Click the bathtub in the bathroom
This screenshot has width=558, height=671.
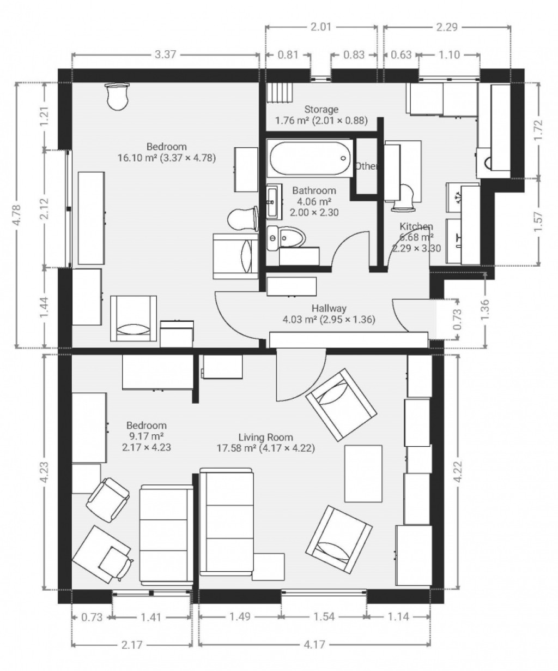coord(310,158)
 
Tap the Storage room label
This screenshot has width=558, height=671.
coord(321,109)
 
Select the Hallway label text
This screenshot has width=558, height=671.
coord(329,308)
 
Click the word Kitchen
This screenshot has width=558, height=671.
coord(416,226)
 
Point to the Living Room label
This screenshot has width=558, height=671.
coord(265,437)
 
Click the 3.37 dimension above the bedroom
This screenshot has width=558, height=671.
coord(165,55)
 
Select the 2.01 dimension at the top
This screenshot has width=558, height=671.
coord(321,27)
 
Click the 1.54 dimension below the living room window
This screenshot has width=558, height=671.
coord(323,616)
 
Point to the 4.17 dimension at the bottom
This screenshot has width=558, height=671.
coord(314,644)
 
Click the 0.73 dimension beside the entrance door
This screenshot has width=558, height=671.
coord(458,319)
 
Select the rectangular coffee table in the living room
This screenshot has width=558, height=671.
coord(363,473)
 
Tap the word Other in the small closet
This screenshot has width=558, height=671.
coord(366,166)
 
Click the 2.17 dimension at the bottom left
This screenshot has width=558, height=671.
coord(132,644)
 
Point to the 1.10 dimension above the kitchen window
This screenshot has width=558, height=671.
coord(449,55)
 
